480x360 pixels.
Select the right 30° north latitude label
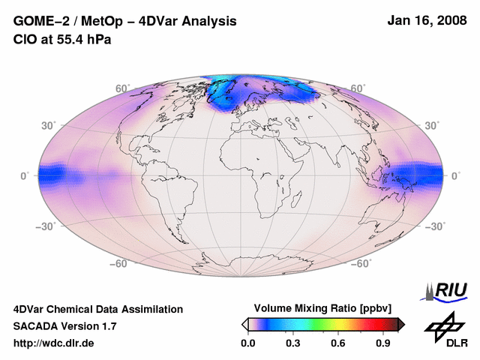tap(431, 125)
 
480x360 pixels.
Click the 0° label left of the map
tap(25, 175)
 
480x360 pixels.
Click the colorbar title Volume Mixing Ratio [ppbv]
tap(319, 308)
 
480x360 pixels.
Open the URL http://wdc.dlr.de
tap(54, 343)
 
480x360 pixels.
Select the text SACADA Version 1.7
tap(64, 326)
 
